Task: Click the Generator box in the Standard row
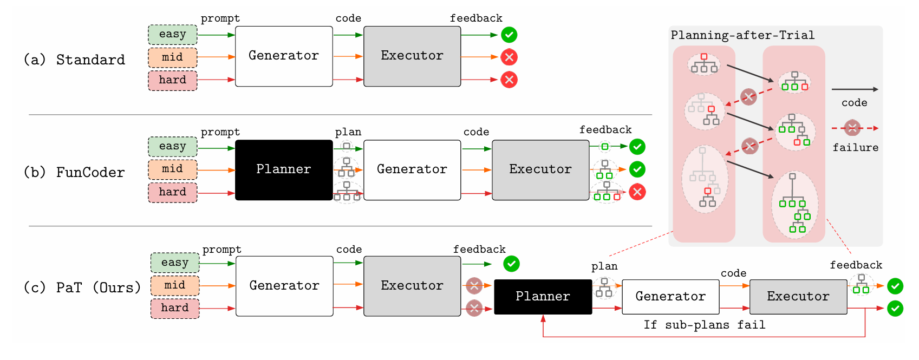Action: pos(284,56)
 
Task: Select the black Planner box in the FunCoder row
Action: pos(284,170)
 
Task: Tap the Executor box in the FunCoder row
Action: pos(540,170)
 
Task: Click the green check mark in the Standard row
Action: pos(509,35)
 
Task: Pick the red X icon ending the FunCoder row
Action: pos(637,192)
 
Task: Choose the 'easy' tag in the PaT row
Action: pos(174,263)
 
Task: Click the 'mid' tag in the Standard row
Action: pos(172,57)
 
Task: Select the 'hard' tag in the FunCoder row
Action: pos(172,192)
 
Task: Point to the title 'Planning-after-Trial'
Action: pos(742,35)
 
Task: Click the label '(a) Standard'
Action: pos(74,60)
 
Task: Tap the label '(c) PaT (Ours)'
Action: pos(82,287)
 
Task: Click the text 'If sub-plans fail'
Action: pos(704,325)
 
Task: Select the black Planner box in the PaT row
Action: pos(543,297)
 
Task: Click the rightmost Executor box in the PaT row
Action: pos(798,297)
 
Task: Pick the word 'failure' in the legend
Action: pos(855,147)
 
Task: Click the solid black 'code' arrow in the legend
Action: pos(854,89)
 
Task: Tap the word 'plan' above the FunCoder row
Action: pos(348,132)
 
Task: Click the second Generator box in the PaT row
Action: pos(670,297)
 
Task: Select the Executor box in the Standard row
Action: pos(412,56)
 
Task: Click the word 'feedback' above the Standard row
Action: pos(476,18)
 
